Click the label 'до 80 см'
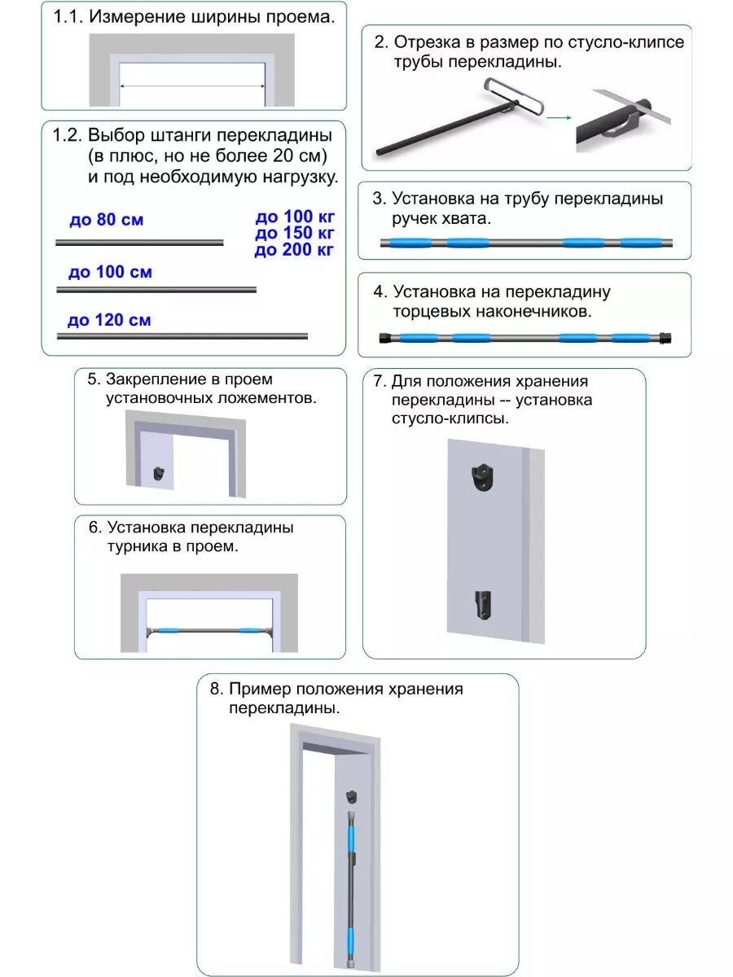pos(106,220)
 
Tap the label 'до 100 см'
pos(110,272)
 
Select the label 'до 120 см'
pos(109,320)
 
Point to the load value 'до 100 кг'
pos(295,217)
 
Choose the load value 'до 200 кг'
pos(295,250)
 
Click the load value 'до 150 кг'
pos(295,234)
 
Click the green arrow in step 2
pos(557,118)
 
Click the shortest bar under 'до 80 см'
pos(139,242)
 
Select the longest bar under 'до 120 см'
pos(182,335)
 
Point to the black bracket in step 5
pos(160,475)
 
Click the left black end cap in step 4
pos(384,337)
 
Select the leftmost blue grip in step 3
pos(410,242)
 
